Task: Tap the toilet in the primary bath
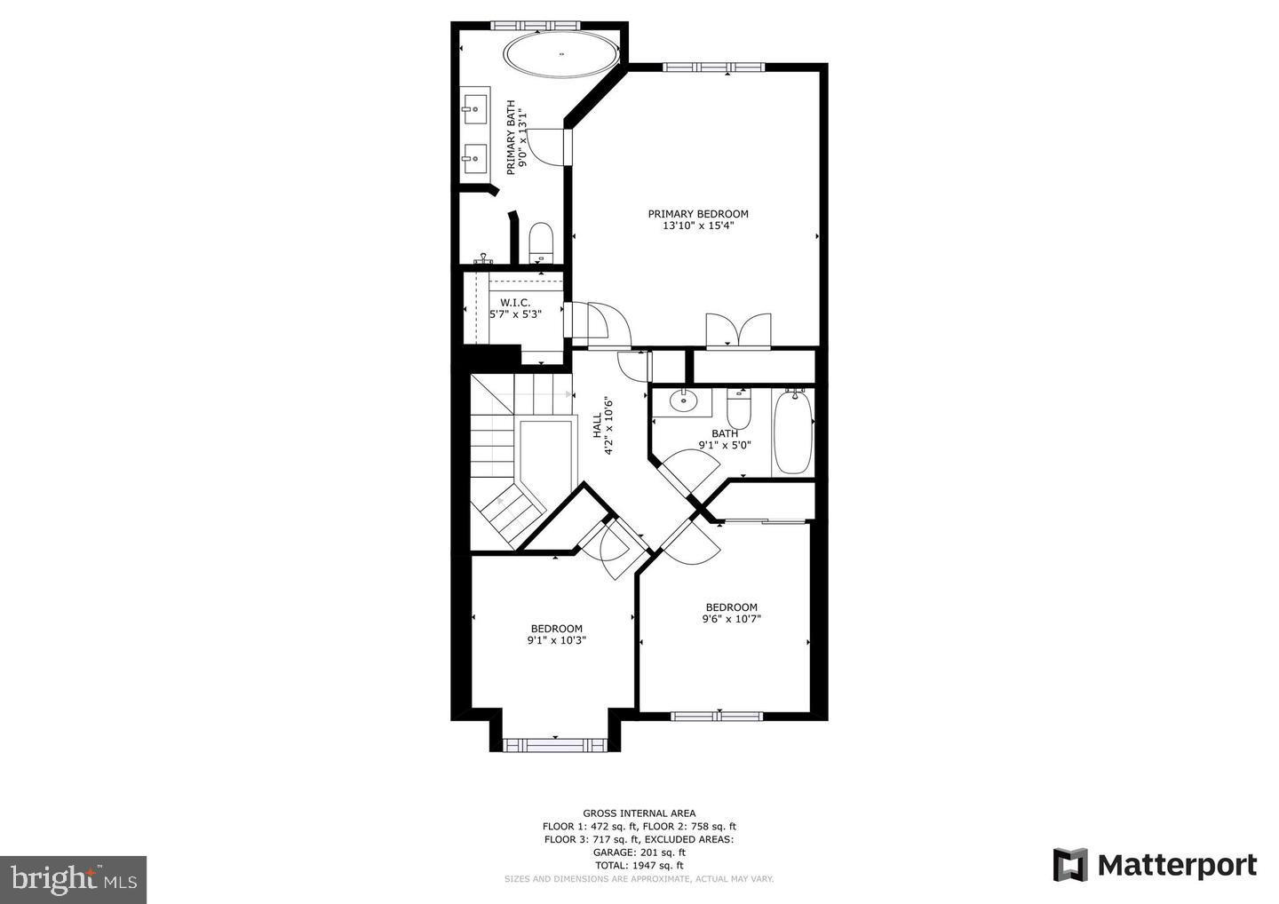tap(541, 242)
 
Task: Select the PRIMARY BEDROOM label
tap(698, 214)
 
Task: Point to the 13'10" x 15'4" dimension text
tap(698, 226)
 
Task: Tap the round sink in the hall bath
tap(683, 400)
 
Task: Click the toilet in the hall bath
tap(739, 410)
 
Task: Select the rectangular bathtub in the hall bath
tap(791, 433)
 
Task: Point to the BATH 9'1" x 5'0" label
tap(725, 440)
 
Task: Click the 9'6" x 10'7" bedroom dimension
tap(732, 620)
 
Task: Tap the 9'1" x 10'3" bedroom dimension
tap(557, 640)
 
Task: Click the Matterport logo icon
tap(1069, 865)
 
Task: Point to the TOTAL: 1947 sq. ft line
tap(639, 865)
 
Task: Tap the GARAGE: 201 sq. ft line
tap(639, 852)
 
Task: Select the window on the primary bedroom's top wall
tap(713, 67)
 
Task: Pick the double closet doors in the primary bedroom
tap(737, 329)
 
